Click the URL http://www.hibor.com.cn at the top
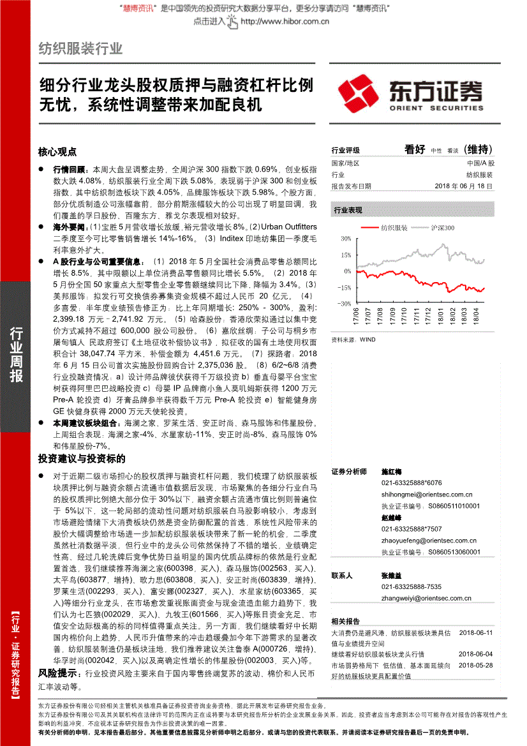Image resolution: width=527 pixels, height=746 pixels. (x=285, y=21)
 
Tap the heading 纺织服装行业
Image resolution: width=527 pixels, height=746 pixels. (x=80, y=48)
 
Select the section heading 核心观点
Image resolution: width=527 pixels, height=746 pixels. (x=57, y=152)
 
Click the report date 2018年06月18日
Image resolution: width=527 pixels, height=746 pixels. (x=464, y=186)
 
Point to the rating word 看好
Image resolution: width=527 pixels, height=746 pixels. (x=415, y=149)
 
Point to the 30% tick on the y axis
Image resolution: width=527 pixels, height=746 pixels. (x=345, y=239)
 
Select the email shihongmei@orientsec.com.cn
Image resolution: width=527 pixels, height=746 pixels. (x=427, y=494)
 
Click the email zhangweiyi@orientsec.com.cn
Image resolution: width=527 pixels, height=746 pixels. (x=426, y=598)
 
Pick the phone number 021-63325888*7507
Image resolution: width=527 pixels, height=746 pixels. (x=412, y=528)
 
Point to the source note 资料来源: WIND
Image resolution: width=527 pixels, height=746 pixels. (x=353, y=339)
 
